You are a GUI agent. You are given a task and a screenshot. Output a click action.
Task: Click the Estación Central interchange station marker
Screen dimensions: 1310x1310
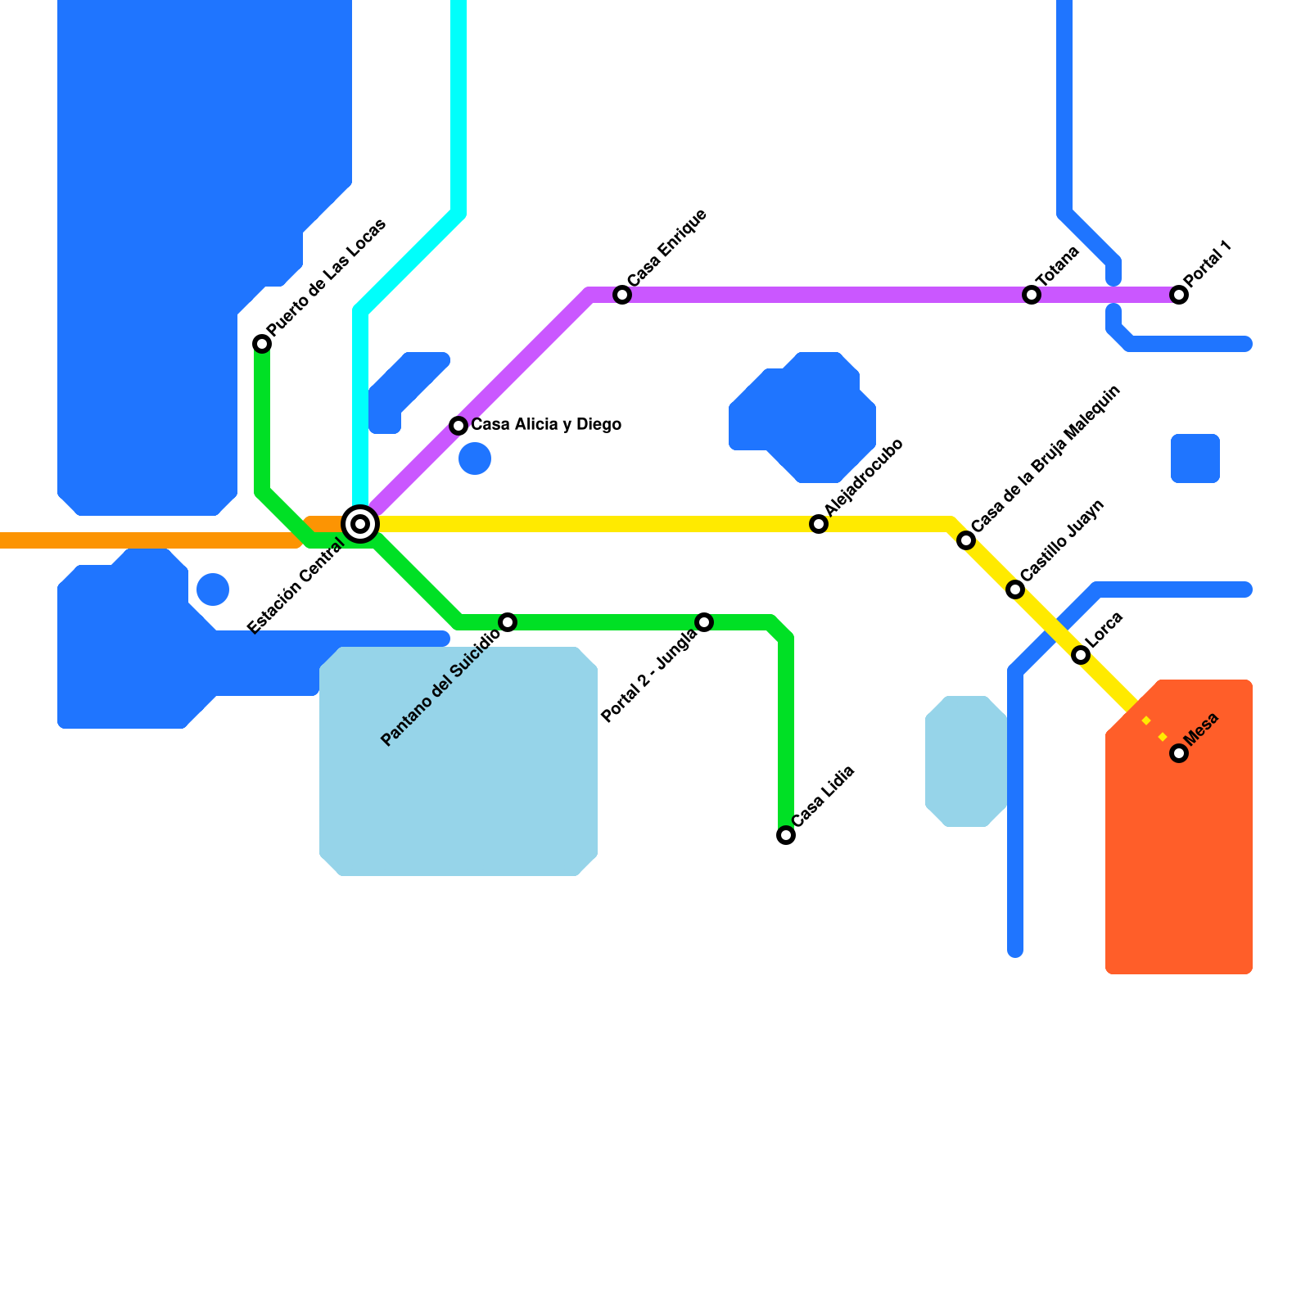coord(360,524)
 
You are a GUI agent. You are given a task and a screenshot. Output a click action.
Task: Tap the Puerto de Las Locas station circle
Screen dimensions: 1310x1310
coord(262,344)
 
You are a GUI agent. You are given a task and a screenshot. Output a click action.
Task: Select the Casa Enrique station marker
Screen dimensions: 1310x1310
coord(622,295)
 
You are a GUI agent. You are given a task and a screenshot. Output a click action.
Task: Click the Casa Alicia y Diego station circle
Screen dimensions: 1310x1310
coord(458,426)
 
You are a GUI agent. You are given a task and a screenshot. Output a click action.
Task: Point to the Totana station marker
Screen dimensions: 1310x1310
coord(1032,295)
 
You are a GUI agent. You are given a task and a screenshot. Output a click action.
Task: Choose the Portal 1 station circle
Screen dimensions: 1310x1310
coord(1179,295)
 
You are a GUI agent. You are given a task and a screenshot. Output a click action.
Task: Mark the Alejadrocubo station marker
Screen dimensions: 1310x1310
coord(819,524)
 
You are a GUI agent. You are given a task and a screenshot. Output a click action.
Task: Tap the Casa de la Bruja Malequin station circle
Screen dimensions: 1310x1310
coord(966,540)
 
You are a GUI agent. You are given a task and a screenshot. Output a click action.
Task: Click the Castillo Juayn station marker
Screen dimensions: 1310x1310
coord(1015,589)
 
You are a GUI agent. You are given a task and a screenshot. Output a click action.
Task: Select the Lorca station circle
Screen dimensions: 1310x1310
coord(1081,655)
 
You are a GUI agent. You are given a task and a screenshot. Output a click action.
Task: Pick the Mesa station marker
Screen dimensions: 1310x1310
coord(1179,753)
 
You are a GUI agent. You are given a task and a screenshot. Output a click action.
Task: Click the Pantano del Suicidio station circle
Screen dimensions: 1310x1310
coord(508,622)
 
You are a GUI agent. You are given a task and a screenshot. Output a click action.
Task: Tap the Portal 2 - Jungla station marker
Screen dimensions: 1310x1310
coord(704,622)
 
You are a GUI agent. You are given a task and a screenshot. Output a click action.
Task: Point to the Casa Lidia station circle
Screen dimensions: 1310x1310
coord(786,835)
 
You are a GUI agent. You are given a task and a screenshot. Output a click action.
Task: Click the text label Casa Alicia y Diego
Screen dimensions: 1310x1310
coord(546,425)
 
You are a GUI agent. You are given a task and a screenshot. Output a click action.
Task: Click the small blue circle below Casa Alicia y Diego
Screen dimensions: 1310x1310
coord(475,458)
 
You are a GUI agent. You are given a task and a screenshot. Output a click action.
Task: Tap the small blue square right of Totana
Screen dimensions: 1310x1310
coord(1195,458)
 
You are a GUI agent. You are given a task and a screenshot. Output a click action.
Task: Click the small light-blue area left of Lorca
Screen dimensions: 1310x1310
coord(966,761)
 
